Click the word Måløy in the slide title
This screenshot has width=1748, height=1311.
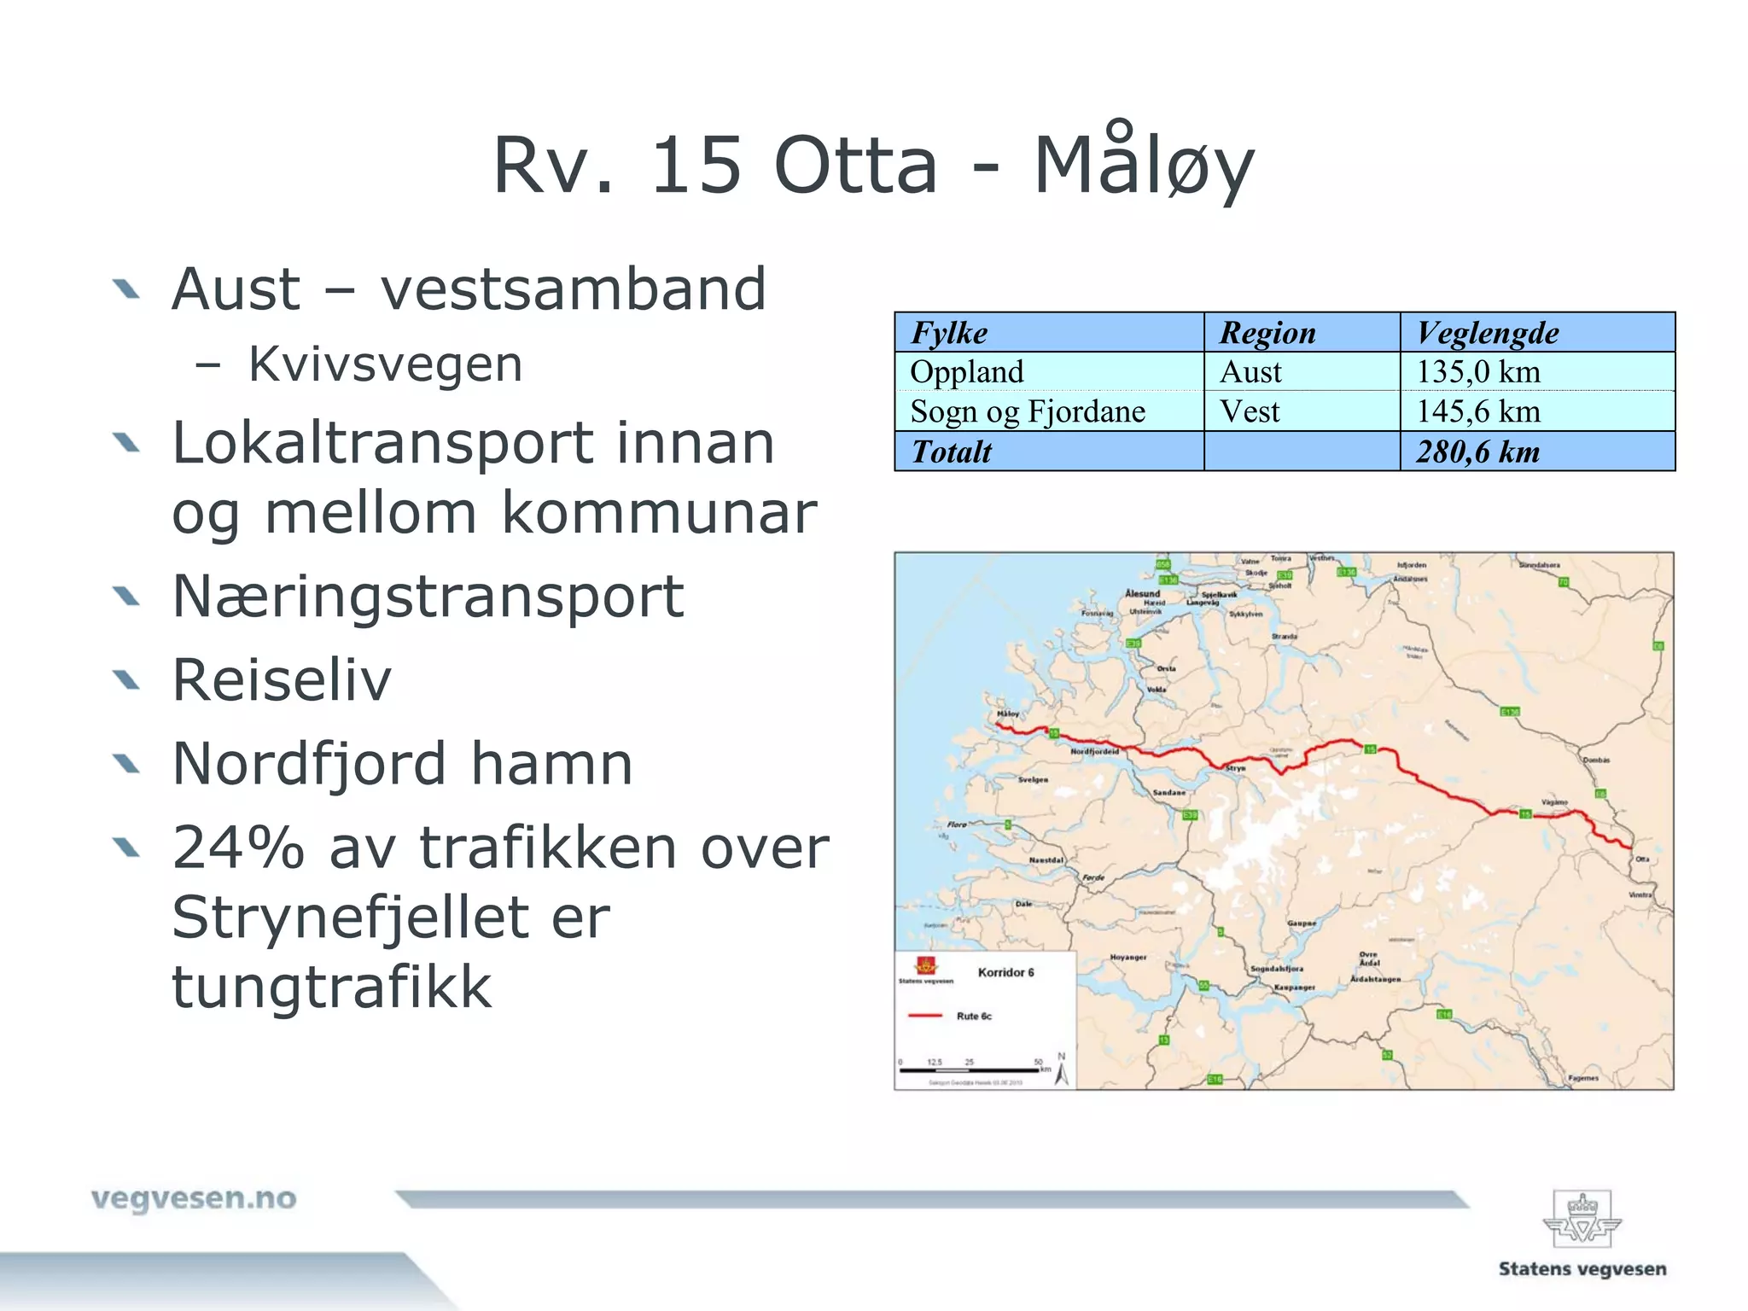click(1144, 165)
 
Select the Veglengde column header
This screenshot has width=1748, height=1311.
click(1487, 333)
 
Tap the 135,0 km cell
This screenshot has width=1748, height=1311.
click(1478, 372)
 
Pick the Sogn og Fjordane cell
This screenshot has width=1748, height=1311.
click(1028, 411)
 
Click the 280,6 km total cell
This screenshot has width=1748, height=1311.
click(1478, 452)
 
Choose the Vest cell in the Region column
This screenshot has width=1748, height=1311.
click(1250, 411)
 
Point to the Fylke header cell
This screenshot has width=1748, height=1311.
click(949, 333)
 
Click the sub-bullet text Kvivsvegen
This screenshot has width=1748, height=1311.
click(385, 364)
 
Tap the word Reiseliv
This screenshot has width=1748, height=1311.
click(282, 680)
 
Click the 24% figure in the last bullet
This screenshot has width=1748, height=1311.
click(238, 848)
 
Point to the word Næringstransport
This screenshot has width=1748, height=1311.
click(428, 596)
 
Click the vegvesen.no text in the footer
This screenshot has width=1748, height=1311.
click(194, 1198)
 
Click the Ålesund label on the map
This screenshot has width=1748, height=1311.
click(1142, 593)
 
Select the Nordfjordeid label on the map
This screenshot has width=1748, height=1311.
click(1094, 751)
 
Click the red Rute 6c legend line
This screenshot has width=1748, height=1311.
click(925, 1016)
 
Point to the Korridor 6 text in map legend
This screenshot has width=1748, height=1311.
click(1005, 972)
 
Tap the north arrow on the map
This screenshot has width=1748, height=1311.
click(1062, 1070)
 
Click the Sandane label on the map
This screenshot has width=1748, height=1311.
click(1168, 793)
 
